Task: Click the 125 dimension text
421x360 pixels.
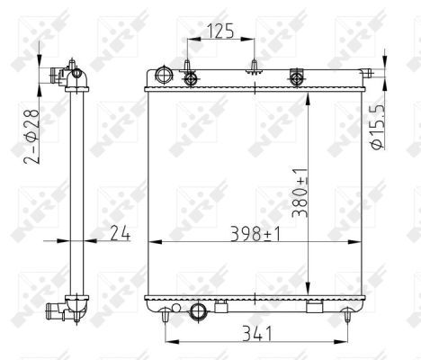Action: [221, 31]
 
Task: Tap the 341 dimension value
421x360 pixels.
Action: [256, 335]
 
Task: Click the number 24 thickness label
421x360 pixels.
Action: [121, 234]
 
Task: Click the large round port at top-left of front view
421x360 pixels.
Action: [163, 75]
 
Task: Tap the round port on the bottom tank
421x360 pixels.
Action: [199, 311]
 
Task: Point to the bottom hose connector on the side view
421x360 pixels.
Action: [60, 310]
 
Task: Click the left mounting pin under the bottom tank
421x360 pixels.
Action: [166, 316]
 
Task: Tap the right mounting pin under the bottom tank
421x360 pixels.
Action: [346, 315]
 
